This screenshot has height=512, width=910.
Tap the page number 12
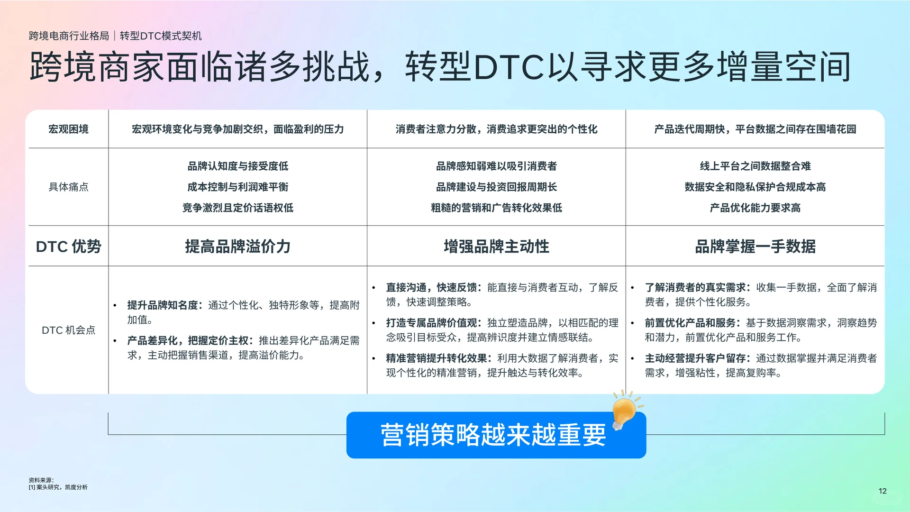coord(882,491)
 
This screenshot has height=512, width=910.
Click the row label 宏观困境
coord(68,129)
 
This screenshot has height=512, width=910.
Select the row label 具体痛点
coord(68,187)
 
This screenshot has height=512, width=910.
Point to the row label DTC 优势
coord(68,247)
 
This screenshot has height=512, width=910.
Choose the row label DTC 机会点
coord(68,330)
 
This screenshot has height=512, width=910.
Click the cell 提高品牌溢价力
coord(237,247)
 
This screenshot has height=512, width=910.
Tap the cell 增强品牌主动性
coord(496,247)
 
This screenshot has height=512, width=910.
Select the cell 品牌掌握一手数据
coord(755,247)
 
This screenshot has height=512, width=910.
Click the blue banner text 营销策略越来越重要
coord(493,435)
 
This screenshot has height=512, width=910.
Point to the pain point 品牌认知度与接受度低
coord(237,166)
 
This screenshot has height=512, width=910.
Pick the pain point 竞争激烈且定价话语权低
coord(237,208)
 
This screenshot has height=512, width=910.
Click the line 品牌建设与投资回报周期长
coord(496,187)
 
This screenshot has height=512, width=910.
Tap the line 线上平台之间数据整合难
coord(755,166)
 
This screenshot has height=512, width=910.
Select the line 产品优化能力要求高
coord(755,208)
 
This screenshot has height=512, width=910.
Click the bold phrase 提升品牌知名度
coord(162,305)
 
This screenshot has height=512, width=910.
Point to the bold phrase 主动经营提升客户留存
coord(695,358)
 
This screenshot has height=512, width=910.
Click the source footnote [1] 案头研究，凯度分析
coord(58,487)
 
